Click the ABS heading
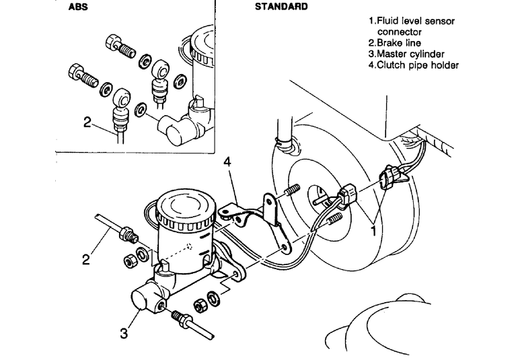tap(78, 7)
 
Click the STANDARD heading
tap(281, 7)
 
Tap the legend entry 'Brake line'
tap(399, 43)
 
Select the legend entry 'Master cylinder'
tap(410, 54)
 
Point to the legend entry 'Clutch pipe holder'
tap(418, 65)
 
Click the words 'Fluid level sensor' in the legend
tap(416, 21)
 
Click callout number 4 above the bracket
tap(227, 162)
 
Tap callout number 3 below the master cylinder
tap(124, 333)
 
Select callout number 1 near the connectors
tap(373, 231)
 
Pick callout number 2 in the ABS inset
tap(87, 122)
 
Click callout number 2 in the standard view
tap(86, 260)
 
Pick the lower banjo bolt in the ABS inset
tap(83, 75)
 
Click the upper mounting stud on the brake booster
tap(292, 190)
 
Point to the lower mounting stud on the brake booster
tap(334, 219)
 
